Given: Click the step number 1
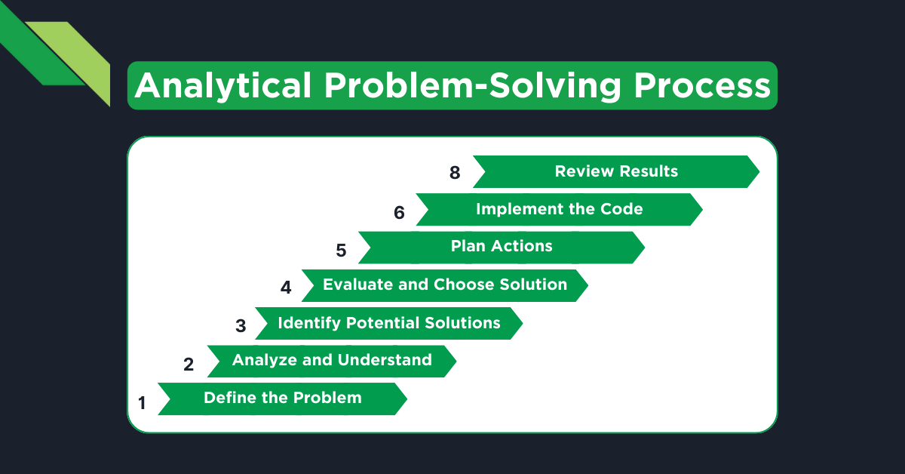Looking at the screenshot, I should [142, 403].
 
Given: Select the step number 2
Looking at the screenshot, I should [189, 365].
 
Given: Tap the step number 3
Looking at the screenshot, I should [241, 326].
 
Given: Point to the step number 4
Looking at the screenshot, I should [286, 288].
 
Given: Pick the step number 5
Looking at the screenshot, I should [341, 250].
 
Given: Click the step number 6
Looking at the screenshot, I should [399, 213].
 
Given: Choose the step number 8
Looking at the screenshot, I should [455, 173].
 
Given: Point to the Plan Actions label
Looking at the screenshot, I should [502, 246].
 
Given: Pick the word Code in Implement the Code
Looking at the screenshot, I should [623, 209].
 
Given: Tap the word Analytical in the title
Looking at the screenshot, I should [223, 86].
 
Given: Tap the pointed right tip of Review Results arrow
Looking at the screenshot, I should [756, 171].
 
